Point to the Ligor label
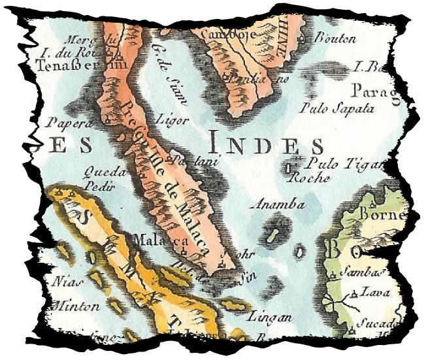click(x=173, y=120)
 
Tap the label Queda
click(x=104, y=172)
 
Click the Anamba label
click(x=280, y=205)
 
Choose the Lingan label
click(x=269, y=318)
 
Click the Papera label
click(x=64, y=121)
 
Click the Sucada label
click(x=380, y=323)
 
